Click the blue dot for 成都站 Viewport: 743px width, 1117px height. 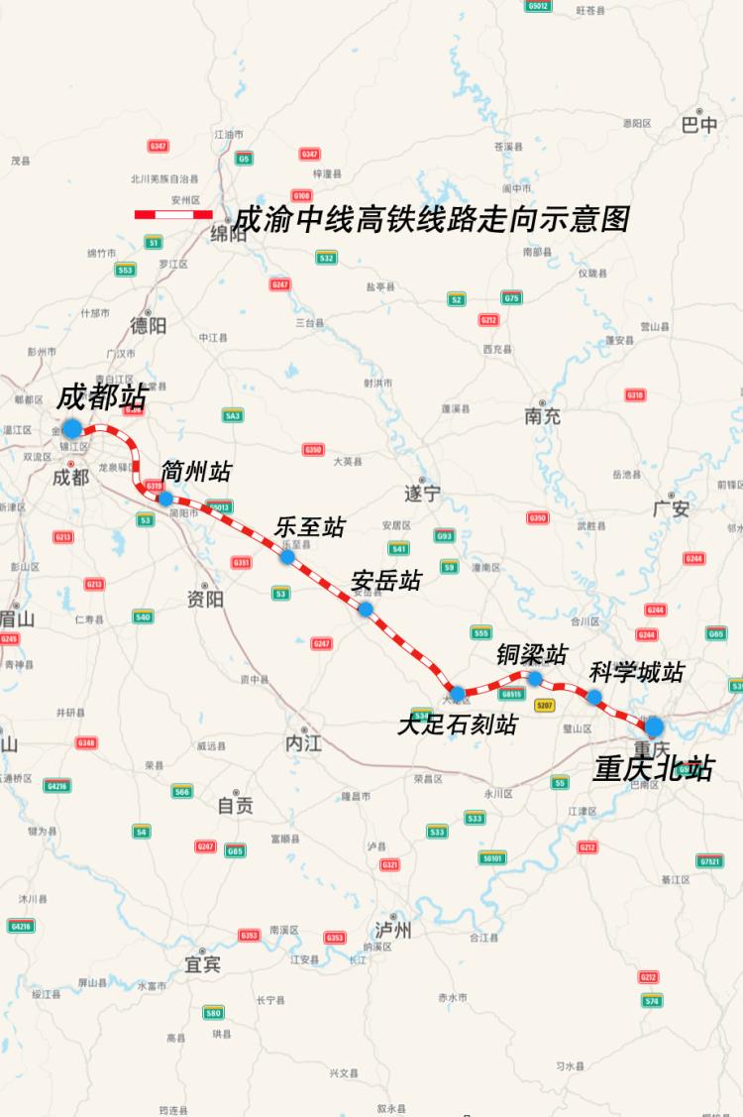click(x=71, y=428)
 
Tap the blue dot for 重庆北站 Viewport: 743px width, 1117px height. click(x=654, y=727)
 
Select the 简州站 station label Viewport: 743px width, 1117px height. click(x=195, y=469)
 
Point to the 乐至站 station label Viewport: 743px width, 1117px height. click(x=309, y=527)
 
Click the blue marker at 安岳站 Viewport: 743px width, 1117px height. click(x=365, y=609)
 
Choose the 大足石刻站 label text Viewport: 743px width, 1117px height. click(x=457, y=725)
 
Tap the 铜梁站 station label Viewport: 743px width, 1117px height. click(x=532, y=654)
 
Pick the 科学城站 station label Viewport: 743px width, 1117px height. click(x=636, y=672)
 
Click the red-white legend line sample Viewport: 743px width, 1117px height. click(x=173, y=214)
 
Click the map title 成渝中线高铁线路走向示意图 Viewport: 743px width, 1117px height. click(x=431, y=218)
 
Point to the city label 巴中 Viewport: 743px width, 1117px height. click(x=699, y=125)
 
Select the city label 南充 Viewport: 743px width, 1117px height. click(x=543, y=416)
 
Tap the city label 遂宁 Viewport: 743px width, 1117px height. click(x=421, y=493)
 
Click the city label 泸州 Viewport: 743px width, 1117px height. click(x=393, y=931)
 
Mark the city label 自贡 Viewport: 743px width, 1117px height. click(x=235, y=806)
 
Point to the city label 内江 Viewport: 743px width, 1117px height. click(x=304, y=743)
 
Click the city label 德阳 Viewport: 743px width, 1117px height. click(x=149, y=325)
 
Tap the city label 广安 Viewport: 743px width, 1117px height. click(x=671, y=509)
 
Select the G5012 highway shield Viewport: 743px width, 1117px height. click(x=538, y=6)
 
